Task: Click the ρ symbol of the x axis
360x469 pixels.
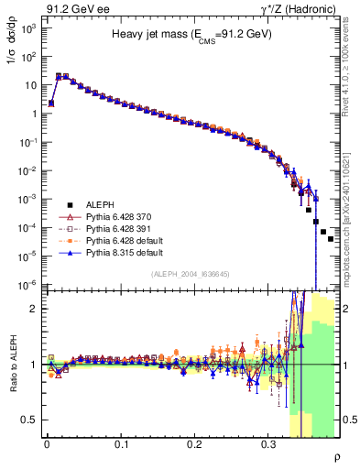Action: (336, 457)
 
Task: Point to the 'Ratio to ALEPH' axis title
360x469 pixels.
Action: (11, 365)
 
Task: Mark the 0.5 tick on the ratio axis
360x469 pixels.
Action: (28, 420)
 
